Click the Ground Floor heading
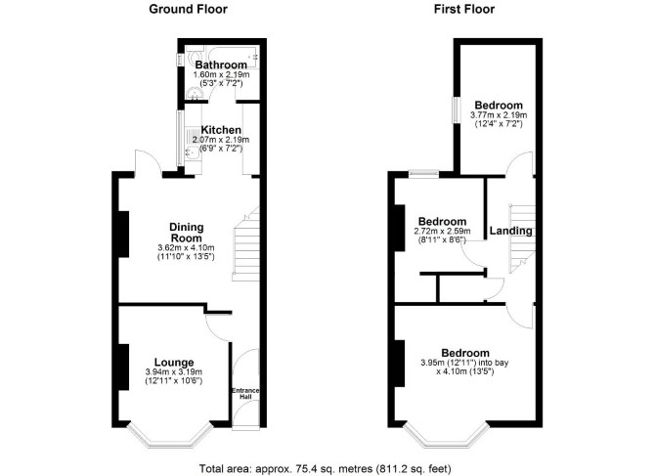pos(188,9)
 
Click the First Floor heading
pos(464,9)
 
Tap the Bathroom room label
pos(221,65)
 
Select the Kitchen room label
pos(221,130)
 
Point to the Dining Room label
pos(187,233)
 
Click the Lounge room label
pos(174,363)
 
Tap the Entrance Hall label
pos(245,393)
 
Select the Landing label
pos(511,231)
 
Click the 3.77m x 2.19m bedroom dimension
pos(499,114)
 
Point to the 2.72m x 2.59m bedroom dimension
pos(443,231)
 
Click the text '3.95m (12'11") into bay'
pos(464,363)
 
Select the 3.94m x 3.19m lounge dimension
pos(174,372)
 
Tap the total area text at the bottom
pos(325,468)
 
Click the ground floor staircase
pos(246,243)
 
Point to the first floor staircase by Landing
pos(522,238)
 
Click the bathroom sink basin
pos(194,94)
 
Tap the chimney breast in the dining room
pos(124,234)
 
